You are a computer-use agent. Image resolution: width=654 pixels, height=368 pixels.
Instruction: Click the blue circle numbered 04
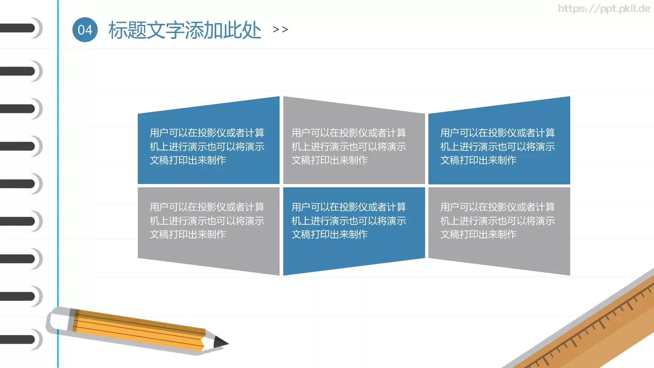click(x=85, y=30)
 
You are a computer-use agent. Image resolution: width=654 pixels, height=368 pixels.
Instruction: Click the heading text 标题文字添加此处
click(x=184, y=30)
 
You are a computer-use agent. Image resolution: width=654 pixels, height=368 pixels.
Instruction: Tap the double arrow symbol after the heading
click(x=280, y=29)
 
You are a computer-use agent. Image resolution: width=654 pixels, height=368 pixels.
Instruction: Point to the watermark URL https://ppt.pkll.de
click(x=604, y=9)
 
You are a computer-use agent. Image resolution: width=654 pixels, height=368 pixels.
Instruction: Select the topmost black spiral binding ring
click(x=18, y=28)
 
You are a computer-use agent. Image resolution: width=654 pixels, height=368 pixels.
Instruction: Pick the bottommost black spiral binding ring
click(x=18, y=339)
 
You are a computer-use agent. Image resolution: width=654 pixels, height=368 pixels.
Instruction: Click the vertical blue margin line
click(x=58, y=184)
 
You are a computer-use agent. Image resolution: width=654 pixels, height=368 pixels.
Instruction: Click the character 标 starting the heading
click(x=117, y=30)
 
